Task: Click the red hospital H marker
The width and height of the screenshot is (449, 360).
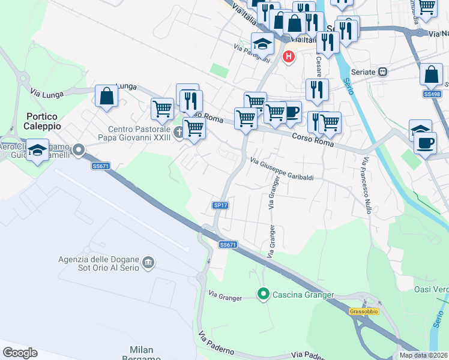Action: click(x=289, y=57)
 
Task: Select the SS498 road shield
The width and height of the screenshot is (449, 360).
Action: click(x=432, y=94)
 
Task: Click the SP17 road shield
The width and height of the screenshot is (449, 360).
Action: click(x=220, y=205)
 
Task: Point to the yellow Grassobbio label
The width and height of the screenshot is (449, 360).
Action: click(x=363, y=311)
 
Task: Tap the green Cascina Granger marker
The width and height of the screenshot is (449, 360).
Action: click(x=263, y=294)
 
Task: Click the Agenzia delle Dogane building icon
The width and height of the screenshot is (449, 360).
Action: click(x=148, y=263)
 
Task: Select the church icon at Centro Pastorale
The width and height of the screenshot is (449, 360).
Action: click(x=178, y=132)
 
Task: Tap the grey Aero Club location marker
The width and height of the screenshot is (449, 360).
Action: click(x=78, y=149)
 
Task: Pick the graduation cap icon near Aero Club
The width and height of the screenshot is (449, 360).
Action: click(x=37, y=151)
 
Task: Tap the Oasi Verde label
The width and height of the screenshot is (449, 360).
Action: click(x=431, y=289)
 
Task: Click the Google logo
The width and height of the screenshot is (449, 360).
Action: click(x=20, y=353)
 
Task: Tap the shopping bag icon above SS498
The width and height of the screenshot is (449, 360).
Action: click(x=431, y=74)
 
